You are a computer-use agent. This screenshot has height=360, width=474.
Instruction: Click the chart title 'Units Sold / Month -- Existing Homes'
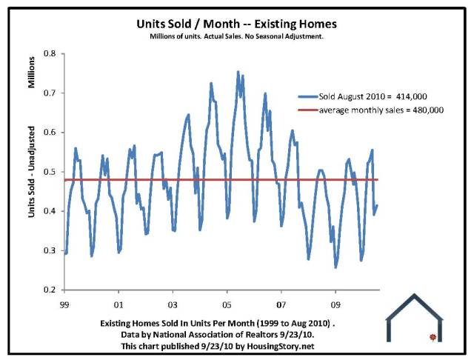(238, 24)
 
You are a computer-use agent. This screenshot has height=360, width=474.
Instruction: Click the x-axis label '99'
(65, 304)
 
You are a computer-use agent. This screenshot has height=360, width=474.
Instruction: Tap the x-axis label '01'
(119, 304)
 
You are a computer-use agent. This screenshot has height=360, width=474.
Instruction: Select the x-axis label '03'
(173, 304)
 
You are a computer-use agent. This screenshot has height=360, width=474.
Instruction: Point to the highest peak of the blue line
(238, 72)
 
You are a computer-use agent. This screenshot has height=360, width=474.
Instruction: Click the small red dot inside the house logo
(432, 337)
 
